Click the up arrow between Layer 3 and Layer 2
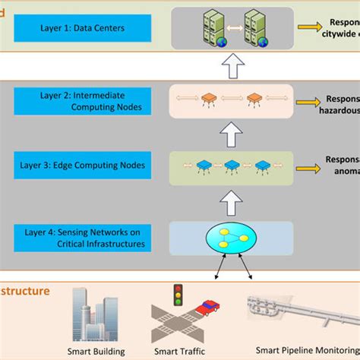(x=231, y=134)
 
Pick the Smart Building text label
(x=97, y=352)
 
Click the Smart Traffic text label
(x=179, y=352)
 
